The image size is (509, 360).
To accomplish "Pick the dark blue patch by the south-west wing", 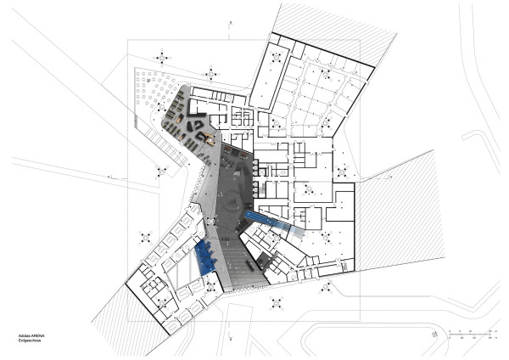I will tap(204, 257).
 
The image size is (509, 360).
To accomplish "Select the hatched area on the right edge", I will tap(398, 212).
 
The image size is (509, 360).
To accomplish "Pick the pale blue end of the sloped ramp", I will tap(297, 229).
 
